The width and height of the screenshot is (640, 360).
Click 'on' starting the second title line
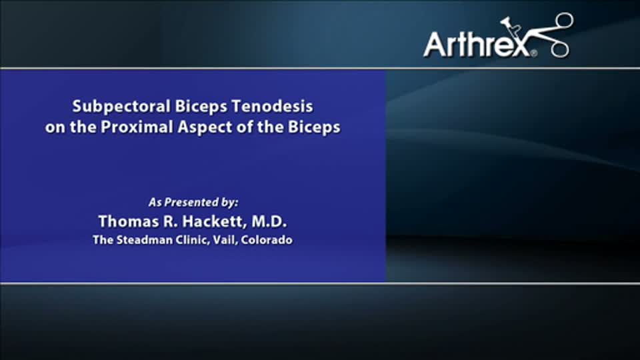point(54,127)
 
